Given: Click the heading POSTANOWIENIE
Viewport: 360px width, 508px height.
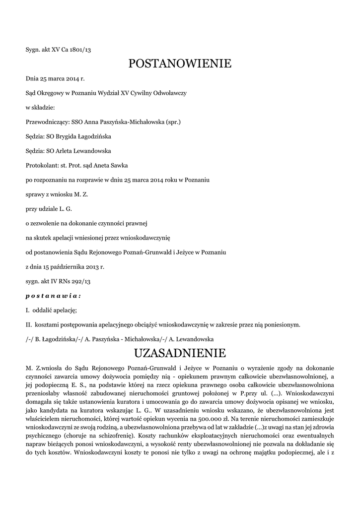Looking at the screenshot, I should (180, 64).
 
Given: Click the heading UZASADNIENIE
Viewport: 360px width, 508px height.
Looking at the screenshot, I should (180, 353).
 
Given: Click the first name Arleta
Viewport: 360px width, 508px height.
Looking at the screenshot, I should (63, 151).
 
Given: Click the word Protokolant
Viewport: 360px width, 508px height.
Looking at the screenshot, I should (41, 165).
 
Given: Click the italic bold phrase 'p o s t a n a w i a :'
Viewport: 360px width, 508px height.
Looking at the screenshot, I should (53, 296).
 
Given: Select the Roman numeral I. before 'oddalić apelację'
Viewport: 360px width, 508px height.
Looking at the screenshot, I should (28, 311).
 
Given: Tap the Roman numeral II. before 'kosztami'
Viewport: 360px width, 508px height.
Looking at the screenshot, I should (29, 325).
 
